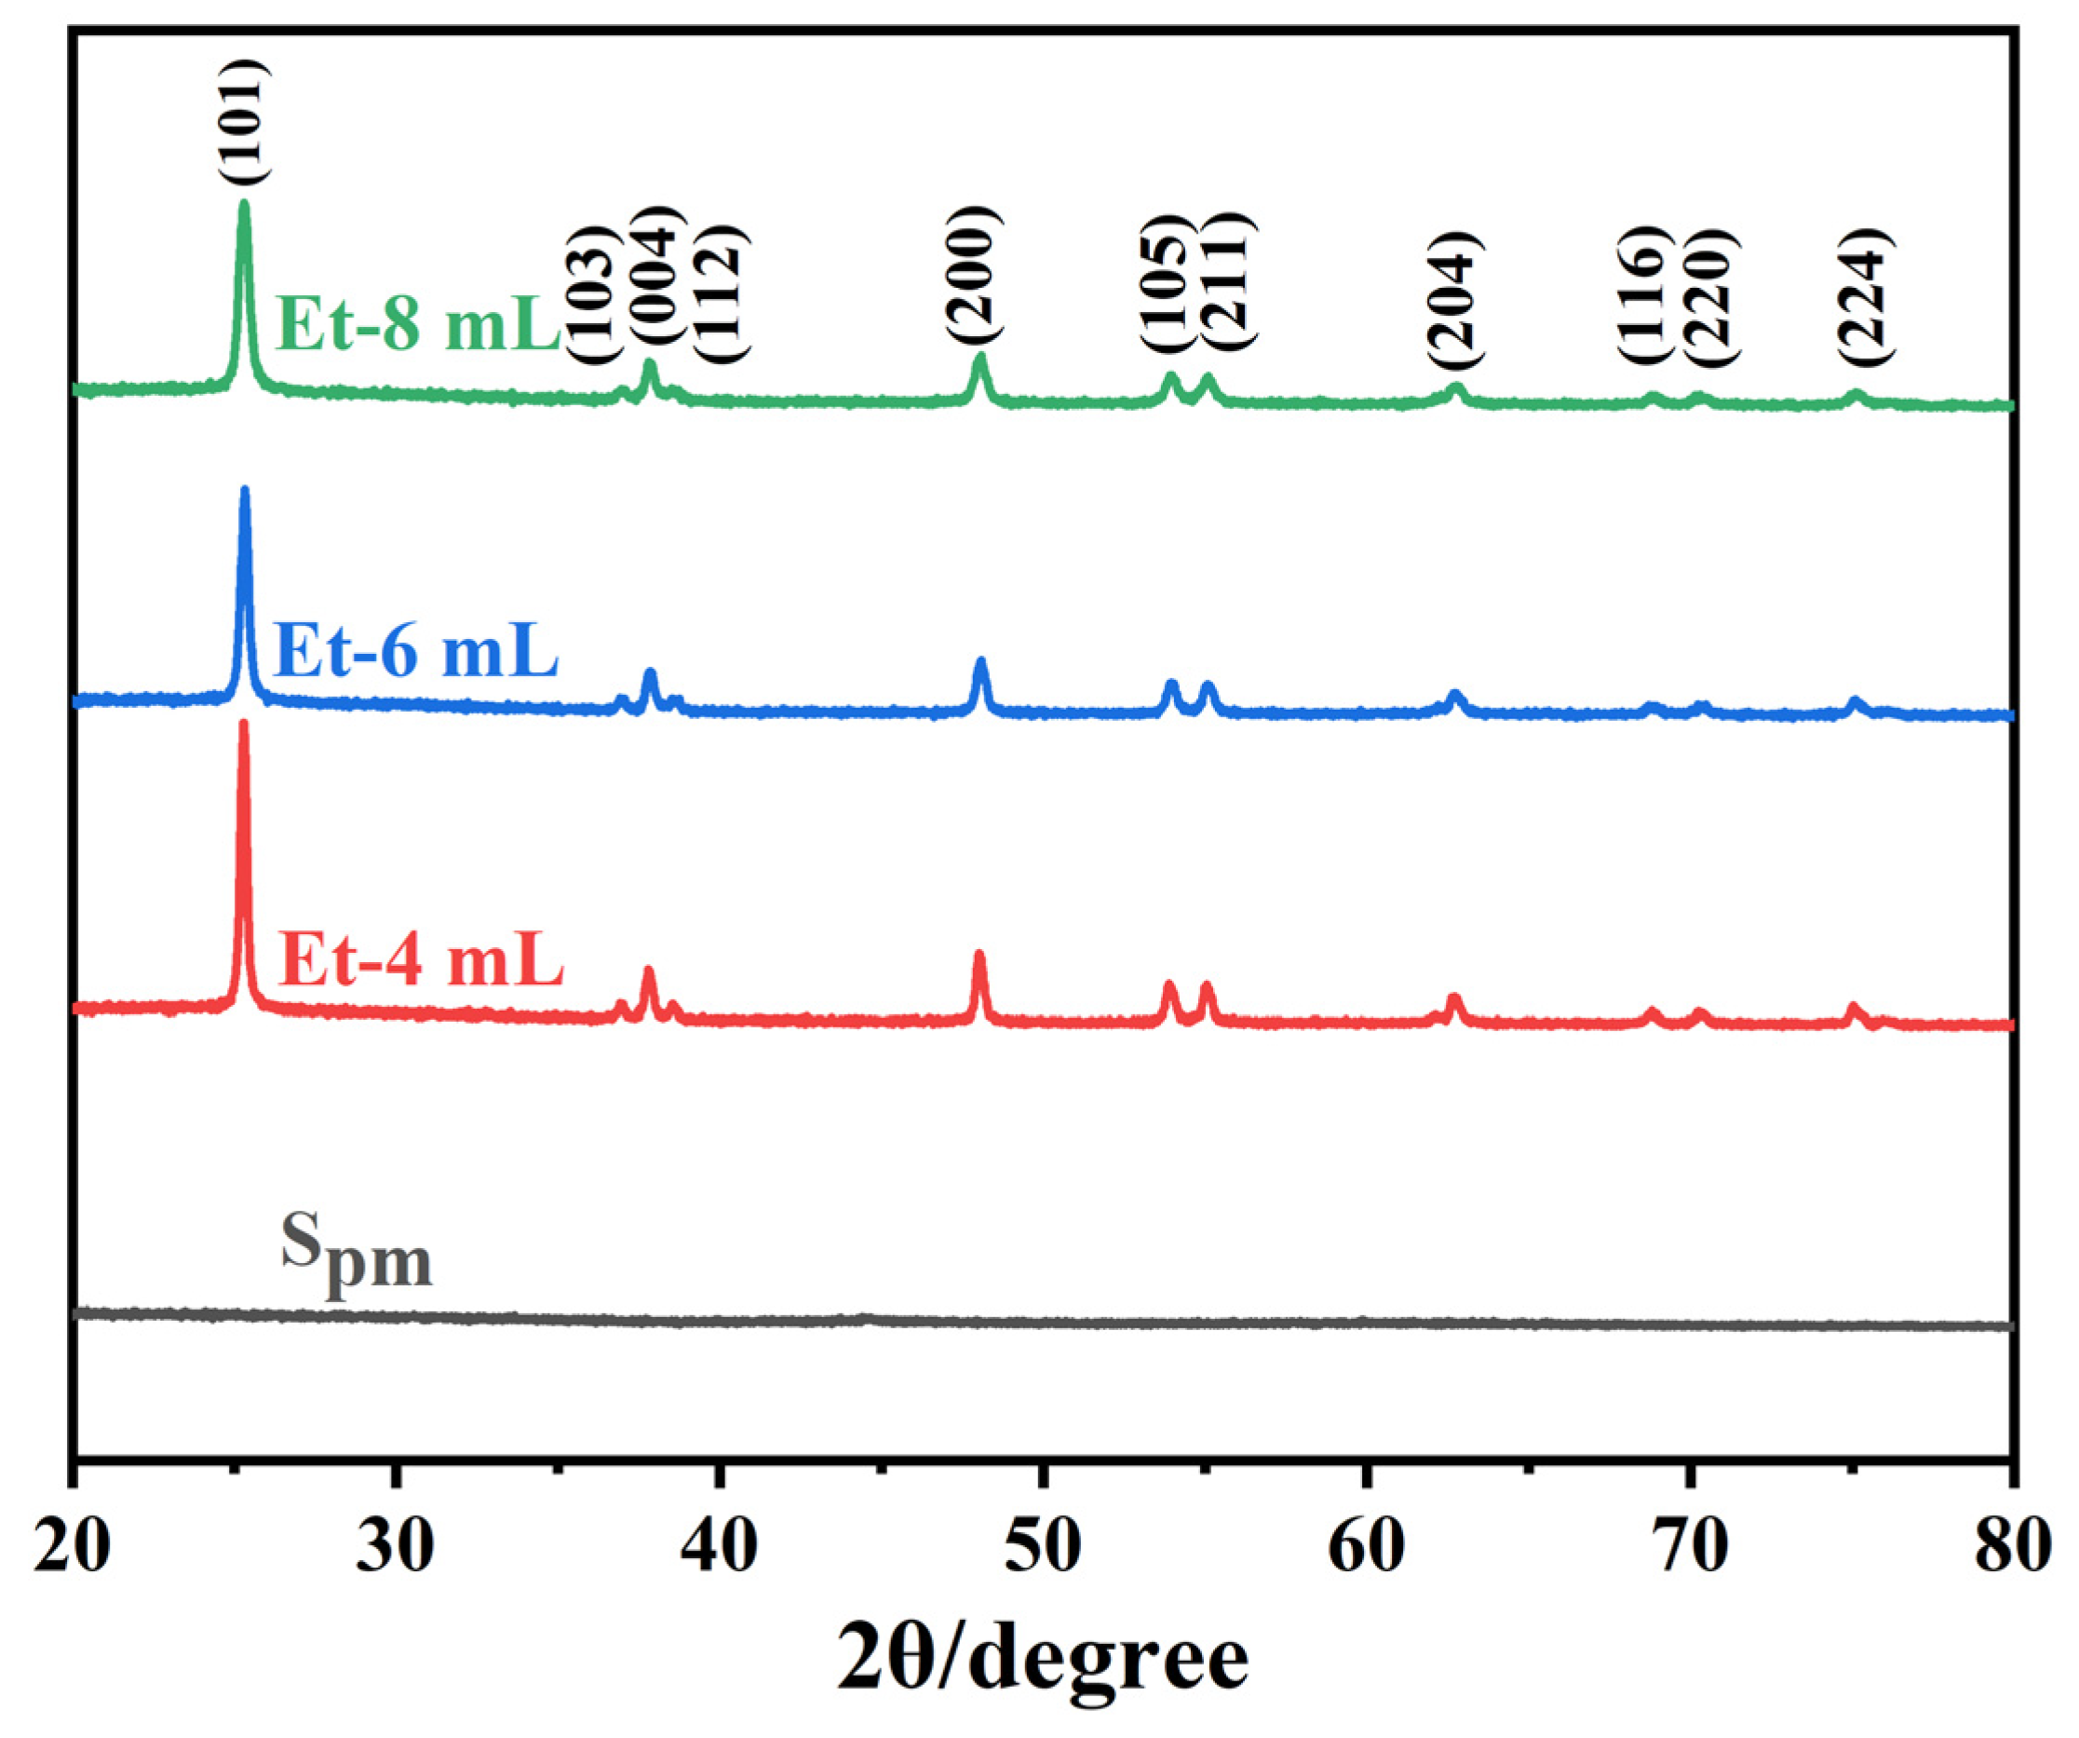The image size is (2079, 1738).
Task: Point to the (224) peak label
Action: pyautogui.click(x=1865, y=297)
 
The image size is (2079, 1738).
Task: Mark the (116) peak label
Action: pyautogui.click(x=1644, y=294)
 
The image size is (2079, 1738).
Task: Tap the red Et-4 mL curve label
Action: pyautogui.click(x=421, y=959)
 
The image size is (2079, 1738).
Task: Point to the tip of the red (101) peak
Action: pyautogui.click(x=244, y=724)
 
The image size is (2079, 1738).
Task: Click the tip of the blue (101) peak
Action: pyautogui.click(x=245, y=490)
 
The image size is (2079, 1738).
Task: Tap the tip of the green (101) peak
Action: pyautogui.click(x=244, y=204)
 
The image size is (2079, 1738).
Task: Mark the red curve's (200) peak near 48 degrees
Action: pyautogui.click(x=979, y=955)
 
